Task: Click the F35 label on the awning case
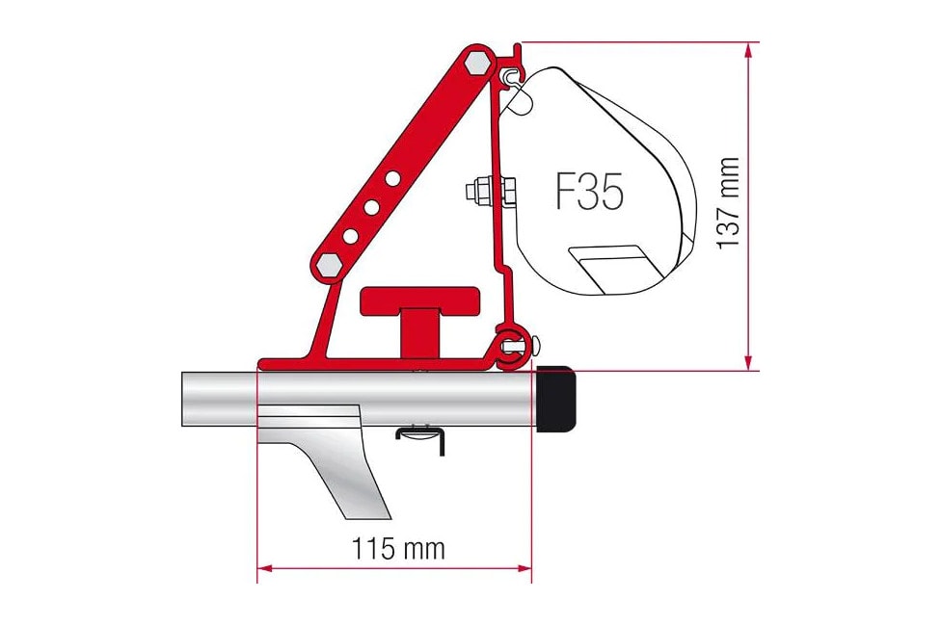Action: [589, 193]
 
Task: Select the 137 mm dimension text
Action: [730, 202]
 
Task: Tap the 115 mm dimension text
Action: [399, 549]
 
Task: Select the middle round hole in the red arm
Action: [372, 206]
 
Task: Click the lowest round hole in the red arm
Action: [351, 235]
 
